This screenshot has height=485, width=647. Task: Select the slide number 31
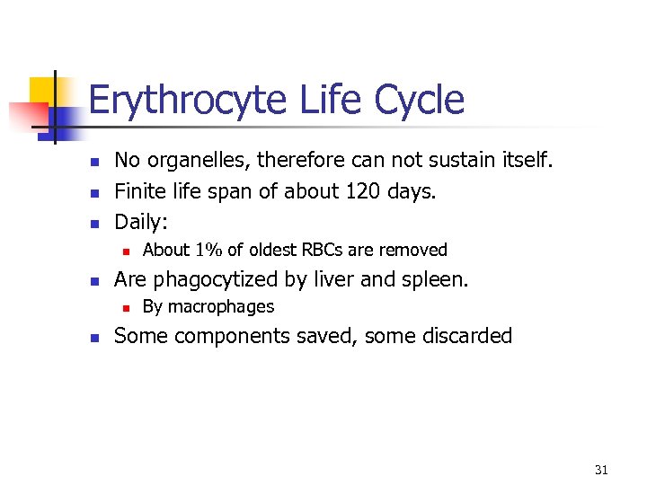tap(601, 470)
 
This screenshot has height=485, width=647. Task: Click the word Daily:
tap(141, 221)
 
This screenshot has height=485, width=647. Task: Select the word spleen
tap(433, 279)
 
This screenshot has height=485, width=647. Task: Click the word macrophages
tap(221, 307)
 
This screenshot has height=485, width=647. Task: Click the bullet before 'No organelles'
tap(92, 162)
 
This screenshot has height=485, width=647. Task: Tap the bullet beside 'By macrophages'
tap(127, 308)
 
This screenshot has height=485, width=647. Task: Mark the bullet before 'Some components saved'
tap(92, 338)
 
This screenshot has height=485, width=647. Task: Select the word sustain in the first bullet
tap(475, 161)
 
